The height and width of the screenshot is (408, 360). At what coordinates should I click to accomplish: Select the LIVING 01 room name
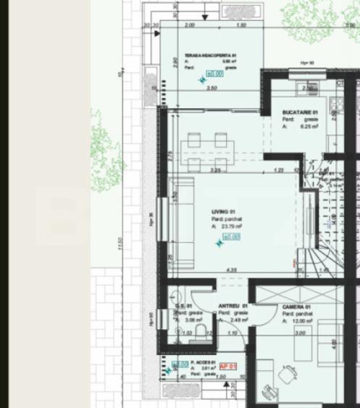point(219,212)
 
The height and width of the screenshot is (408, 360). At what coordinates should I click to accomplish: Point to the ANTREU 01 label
point(233,306)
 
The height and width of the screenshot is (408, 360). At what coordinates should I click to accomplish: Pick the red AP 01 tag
point(228,366)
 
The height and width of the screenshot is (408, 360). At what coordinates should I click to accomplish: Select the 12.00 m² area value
point(303,321)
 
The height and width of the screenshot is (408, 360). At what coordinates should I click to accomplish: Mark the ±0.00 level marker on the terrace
point(214,73)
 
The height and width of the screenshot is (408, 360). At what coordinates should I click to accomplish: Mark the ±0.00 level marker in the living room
point(231,236)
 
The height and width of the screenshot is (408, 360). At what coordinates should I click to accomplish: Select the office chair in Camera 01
point(288,375)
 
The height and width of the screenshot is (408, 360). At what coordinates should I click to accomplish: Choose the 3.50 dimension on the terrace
point(212,88)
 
